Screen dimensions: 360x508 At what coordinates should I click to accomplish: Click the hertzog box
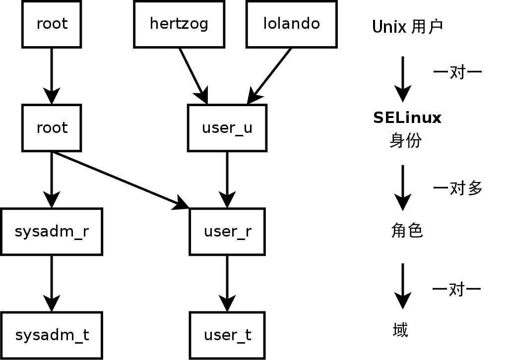[179, 24]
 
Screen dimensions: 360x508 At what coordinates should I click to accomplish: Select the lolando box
[291, 24]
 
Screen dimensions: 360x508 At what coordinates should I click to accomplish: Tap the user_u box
[227, 128]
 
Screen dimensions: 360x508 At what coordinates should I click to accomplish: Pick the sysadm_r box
[52, 232]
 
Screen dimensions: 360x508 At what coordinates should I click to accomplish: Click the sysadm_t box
[52, 335]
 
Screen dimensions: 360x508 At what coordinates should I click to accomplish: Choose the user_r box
[227, 232]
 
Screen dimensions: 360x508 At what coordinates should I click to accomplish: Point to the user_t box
[227, 335]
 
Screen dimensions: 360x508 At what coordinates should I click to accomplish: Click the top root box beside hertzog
[52, 24]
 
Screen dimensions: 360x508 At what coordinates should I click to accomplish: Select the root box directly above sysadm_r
[52, 128]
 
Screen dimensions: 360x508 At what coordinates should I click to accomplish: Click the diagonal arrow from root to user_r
[119, 180]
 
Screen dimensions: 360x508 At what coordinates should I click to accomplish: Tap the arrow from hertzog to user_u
[192, 74]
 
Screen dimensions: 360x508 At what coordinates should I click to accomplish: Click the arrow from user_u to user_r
[227, 179]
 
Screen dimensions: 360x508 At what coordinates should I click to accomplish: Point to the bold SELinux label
[407, 118]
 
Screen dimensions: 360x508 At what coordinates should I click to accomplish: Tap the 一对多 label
[457, 188]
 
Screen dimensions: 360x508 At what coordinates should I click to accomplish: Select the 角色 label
[406, 231]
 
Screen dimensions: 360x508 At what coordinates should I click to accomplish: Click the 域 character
[400, 330]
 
